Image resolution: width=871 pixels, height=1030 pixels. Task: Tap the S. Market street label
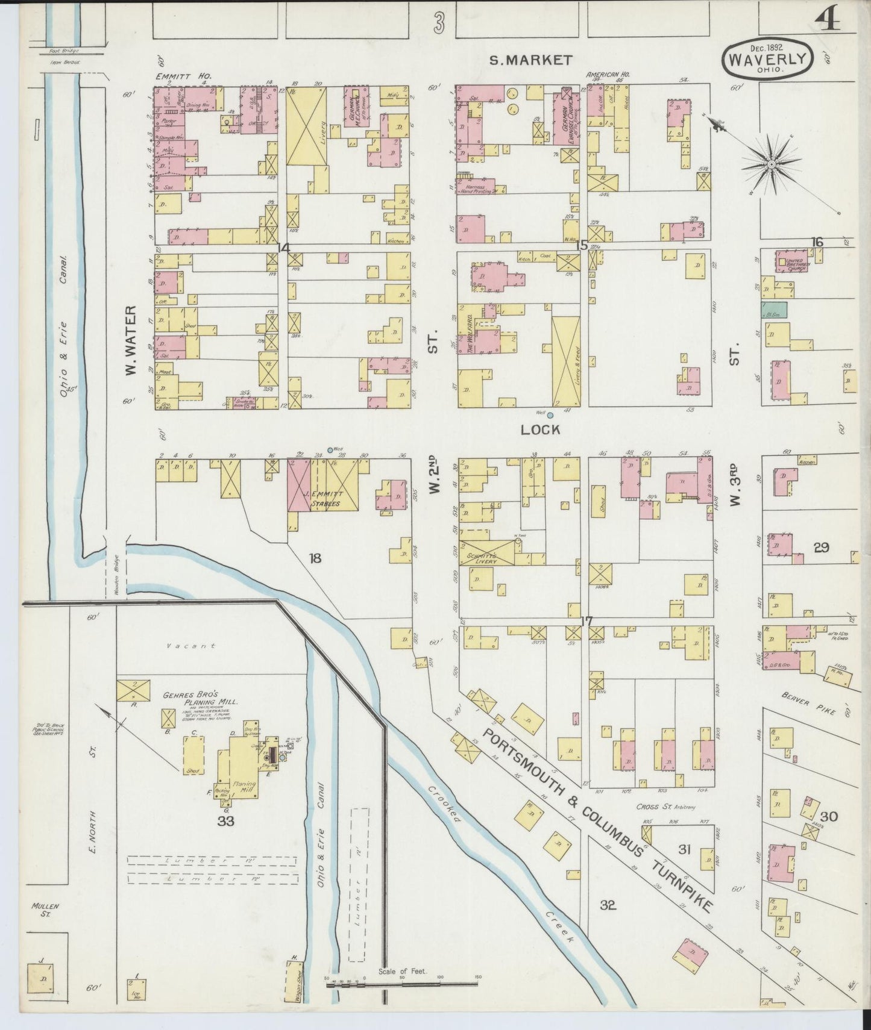(x=530, y=60)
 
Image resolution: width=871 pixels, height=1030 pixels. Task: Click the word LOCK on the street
(x=540, y=429)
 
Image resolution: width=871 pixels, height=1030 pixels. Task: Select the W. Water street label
(x=131, y=340)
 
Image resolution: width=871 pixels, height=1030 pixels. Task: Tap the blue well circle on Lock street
(x=550, y=414)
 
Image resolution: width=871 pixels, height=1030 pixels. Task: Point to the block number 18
(x=315, y=558)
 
